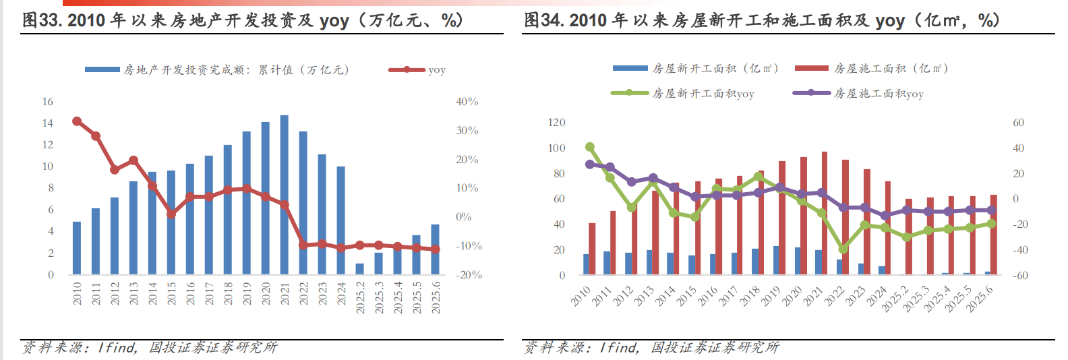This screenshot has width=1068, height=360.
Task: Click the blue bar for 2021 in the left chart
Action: point(284,195)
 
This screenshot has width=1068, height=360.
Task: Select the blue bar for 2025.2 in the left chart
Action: point(359,269)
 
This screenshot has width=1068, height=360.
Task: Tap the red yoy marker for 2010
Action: point(77,121)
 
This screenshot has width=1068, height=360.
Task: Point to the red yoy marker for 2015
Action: point(171,214)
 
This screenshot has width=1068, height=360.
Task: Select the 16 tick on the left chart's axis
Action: point(48,102)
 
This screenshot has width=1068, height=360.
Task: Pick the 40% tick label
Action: point(467,102)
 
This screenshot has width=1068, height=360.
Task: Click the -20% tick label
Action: point(469,275)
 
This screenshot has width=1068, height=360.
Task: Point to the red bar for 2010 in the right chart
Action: point(592,249)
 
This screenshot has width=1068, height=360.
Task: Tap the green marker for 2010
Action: point(590,147)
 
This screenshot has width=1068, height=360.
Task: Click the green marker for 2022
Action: point(843,249)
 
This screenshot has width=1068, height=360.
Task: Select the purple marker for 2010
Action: point(590,164)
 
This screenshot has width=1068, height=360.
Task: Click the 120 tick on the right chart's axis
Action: point(557,123)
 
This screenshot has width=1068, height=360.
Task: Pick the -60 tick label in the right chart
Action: point(1020,275)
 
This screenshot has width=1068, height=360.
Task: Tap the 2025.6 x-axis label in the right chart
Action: point(980,299)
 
